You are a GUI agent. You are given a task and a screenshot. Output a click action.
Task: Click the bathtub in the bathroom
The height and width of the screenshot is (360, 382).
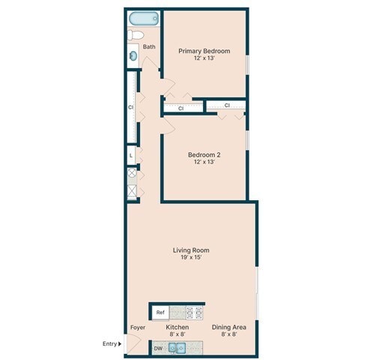point(142,19)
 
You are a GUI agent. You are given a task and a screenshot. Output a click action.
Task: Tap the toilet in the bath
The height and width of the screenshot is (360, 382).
point(136,35)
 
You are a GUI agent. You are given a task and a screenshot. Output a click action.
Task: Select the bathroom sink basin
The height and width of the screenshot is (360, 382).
point(133,54)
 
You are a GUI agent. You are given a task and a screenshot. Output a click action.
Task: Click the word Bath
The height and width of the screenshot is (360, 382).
point(150,47)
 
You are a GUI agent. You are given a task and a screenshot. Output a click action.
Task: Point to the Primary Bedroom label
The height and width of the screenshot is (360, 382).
point(204,51)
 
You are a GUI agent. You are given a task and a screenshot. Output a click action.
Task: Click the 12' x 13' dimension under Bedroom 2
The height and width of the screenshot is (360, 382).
point(204,162)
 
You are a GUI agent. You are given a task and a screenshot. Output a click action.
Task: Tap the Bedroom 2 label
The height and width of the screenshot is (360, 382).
point(204,154)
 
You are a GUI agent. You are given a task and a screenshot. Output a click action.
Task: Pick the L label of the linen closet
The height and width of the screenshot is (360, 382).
point(131,156)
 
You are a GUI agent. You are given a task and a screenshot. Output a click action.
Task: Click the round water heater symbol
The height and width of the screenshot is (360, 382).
point(132,173)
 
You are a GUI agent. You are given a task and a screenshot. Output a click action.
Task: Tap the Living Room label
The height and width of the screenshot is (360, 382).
point(191,250)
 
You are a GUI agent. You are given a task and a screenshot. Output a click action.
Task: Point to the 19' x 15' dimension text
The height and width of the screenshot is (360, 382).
point(191,258)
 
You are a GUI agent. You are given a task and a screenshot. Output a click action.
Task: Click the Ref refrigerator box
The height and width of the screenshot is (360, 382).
point(160,311)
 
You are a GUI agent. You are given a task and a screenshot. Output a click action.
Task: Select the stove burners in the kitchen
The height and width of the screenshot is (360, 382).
point(194,311)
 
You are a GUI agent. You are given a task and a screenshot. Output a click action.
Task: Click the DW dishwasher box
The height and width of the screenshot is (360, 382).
point(159,348)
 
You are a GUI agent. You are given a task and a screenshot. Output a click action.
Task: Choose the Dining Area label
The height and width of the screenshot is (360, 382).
point(229,327)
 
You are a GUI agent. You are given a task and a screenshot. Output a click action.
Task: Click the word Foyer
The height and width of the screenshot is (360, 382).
point(138,327)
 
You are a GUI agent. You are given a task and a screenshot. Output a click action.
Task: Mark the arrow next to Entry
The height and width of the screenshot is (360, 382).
point(120,344)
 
